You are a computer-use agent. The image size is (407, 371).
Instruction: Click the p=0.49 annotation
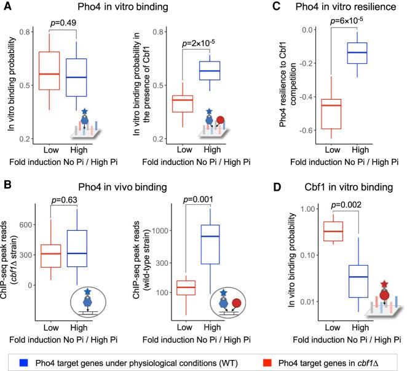click(63, 23)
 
